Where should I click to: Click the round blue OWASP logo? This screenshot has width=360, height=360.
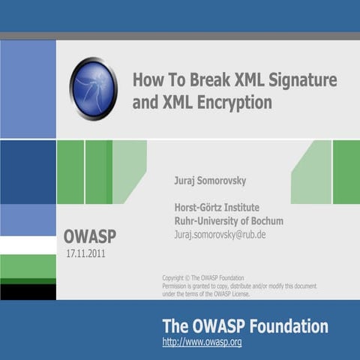pos(94,88)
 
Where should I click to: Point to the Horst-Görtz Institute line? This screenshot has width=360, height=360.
pos(223,208)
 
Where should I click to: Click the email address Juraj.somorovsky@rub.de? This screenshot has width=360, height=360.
pos(220,235)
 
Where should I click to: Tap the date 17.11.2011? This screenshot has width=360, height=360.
pos(86,253)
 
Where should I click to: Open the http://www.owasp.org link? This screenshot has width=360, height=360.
pos(202,342)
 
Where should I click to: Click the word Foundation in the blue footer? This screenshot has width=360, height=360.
pos(289,326)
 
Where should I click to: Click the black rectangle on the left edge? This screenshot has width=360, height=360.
pos(28,292)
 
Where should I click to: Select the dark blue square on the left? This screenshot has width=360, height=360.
pos(28,172)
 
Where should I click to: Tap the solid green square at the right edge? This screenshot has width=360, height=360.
pos(346,172)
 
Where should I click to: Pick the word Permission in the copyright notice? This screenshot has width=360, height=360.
pos(178,286)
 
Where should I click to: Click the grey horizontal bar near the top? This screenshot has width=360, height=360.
pos(180,35)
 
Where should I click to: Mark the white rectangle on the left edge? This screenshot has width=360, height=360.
pos(28,245)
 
